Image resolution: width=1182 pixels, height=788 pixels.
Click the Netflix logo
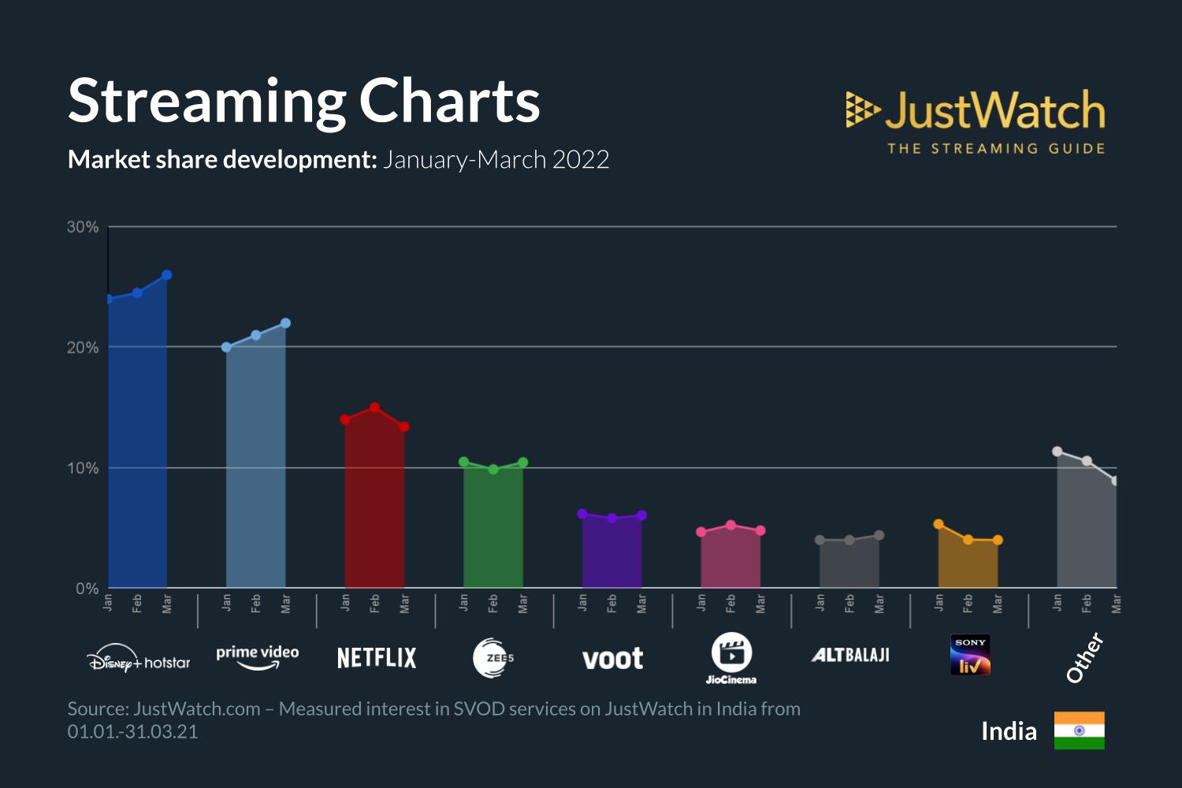click(x=377, y=658)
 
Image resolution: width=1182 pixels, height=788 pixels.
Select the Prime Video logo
click(x=258, y=656)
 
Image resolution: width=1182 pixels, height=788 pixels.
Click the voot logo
click(x=612, y=659)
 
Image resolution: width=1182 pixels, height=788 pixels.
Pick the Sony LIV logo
click(x=970, y=656)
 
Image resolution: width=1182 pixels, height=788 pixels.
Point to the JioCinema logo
click(x=731, y=658)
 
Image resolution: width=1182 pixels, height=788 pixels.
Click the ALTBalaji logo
click(x=850, y=655)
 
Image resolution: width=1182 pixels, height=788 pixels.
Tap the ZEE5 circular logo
click(x=493, y=658)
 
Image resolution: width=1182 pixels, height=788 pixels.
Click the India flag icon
click(x=1079, y=730)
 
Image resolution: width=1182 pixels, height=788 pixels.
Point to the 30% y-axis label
click(x=83, y=228)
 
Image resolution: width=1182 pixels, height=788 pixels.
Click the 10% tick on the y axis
click(x=83, y=468)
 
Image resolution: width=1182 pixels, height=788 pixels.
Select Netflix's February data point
click(x=374, y=407)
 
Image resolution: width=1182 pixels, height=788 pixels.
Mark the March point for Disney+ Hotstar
click(x=167, y=275)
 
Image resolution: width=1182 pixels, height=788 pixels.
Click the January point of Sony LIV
click(x=939, y=524)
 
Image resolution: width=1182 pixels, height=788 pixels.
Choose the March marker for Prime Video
click(x=285, y=323)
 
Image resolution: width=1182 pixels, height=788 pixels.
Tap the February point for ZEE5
click(x=493, y=470)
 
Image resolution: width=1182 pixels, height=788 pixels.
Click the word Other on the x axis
click(x=1084, y=658)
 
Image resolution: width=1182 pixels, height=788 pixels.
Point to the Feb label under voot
click(x=612, y=604)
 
